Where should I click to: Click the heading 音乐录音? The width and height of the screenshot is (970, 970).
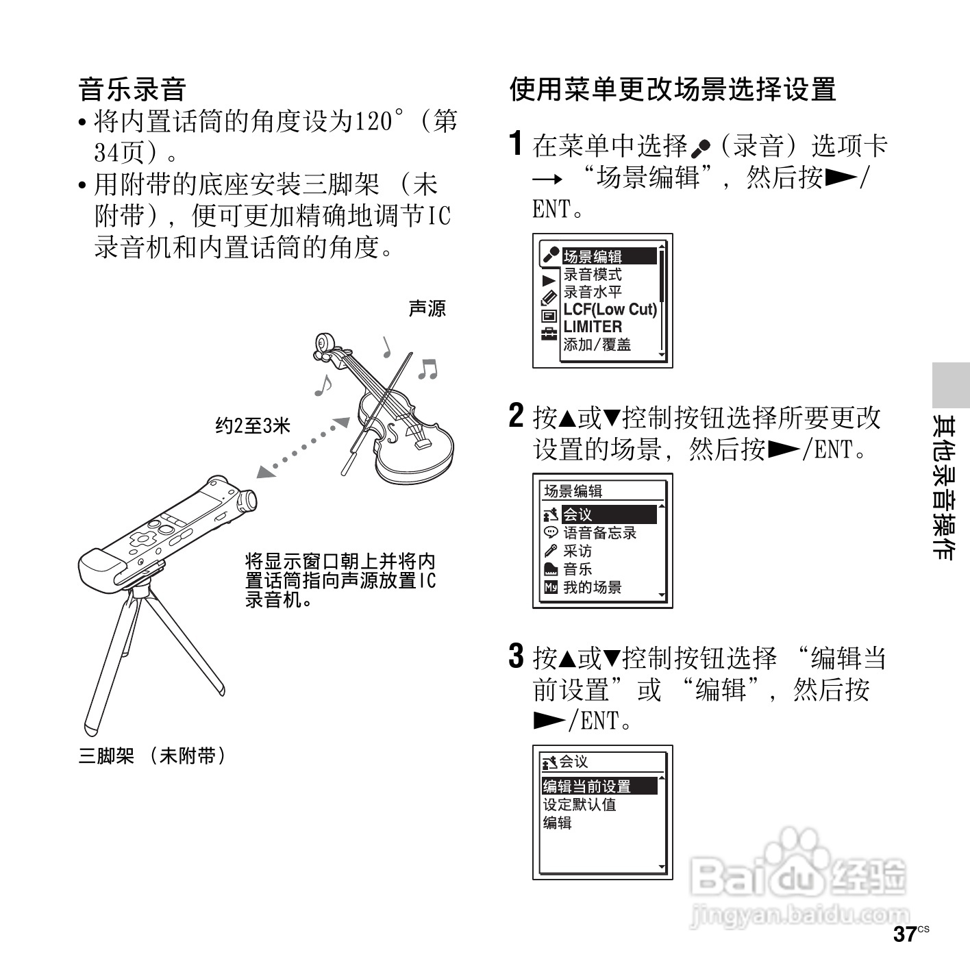[133, 90]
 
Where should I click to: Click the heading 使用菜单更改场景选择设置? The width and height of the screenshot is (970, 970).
[672, 90]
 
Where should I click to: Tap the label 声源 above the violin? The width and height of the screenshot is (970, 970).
[427, 309]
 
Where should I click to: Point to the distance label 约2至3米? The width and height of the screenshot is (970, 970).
[253, 426]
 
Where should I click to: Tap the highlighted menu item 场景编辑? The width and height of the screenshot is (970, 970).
[593, 257]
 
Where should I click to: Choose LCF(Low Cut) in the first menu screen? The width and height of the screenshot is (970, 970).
[609, 310]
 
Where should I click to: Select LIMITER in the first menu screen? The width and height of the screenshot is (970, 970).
[593, 327]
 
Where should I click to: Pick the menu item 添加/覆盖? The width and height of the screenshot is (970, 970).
[597, 345]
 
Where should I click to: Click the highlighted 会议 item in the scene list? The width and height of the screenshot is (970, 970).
[577, 514]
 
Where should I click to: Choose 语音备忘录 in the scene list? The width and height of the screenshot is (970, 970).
[599, 533]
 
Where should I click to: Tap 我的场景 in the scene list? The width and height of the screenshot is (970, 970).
[592, 587]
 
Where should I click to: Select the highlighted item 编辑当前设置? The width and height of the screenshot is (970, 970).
[587, 786]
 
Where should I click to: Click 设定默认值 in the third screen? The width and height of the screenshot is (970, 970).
[580, 805]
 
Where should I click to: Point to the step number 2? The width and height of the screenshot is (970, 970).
[517, 416]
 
